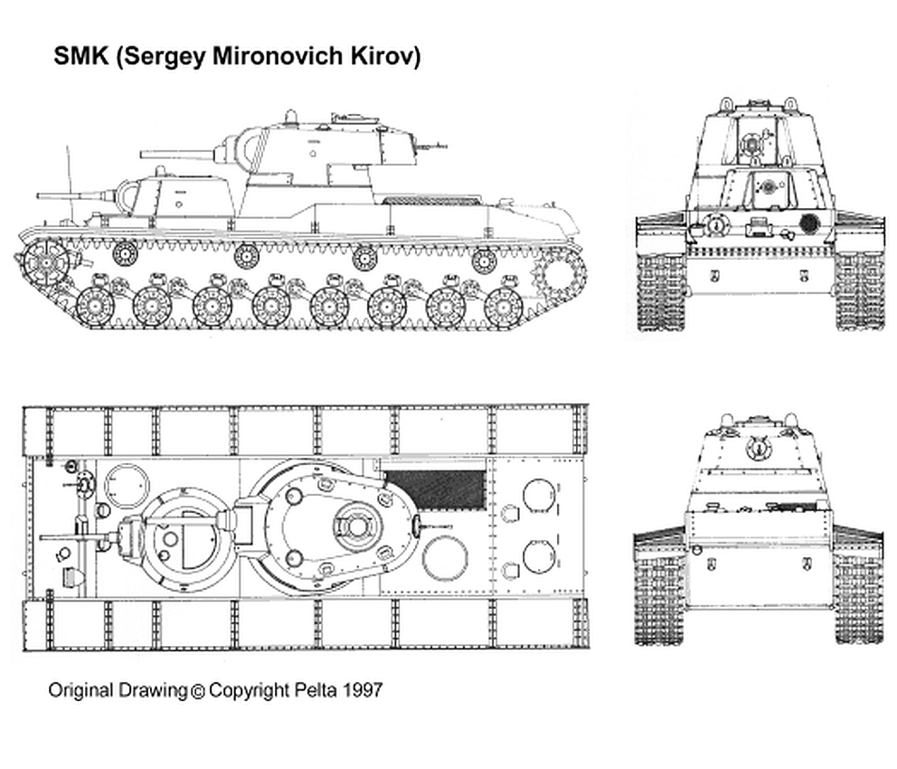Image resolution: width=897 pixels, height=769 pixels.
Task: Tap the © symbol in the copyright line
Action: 197,690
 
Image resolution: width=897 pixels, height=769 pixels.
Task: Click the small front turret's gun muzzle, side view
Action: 38,195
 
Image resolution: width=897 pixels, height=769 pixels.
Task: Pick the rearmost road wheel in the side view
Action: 503,306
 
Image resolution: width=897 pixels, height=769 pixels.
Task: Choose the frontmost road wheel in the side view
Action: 94,306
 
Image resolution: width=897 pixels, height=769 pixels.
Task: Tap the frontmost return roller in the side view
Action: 125,253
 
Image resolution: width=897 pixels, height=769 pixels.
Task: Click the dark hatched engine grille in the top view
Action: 435,489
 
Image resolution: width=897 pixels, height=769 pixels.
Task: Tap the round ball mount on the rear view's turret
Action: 758,447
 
